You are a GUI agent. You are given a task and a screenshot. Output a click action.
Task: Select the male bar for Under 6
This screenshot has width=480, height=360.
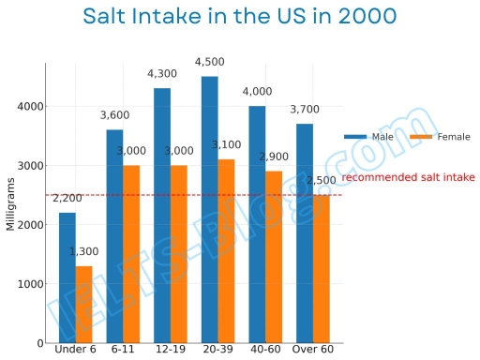[67, 277]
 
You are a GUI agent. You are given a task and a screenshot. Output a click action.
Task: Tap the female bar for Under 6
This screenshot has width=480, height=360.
[83, 305]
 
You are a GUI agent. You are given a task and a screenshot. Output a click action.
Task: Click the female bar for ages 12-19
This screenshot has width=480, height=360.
[179, 254]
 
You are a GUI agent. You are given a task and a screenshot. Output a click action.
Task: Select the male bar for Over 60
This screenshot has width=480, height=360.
[305, 233]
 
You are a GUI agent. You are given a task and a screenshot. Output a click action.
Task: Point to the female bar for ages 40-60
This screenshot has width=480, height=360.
[274, 257]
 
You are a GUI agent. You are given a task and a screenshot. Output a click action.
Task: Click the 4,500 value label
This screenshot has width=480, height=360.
[209, 63]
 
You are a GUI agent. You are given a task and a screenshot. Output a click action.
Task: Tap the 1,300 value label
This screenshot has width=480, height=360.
[84, 252]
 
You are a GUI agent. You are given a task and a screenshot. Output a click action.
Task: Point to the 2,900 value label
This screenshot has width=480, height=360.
[274, 157]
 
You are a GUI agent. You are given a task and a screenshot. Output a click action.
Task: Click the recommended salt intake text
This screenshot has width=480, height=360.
[408, 177]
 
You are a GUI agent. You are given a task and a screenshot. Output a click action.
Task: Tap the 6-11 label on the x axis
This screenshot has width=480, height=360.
[123, 351]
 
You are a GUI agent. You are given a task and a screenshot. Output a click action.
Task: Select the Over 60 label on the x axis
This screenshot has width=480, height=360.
[313, 351]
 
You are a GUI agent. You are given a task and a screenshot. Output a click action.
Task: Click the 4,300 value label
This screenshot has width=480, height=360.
[162, 74]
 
